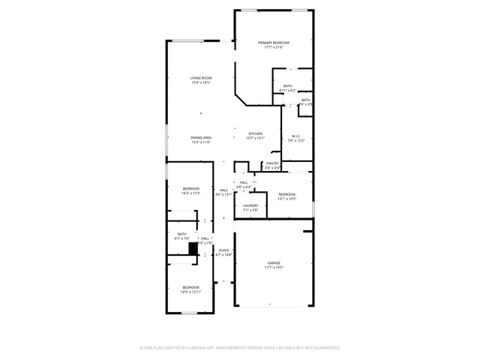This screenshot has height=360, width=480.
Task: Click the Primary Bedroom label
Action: click(274, 43)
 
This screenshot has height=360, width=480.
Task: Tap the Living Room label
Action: click(200, 78)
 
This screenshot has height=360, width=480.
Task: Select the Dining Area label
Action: click(200, 137)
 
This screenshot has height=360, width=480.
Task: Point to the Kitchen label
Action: click(256, 133)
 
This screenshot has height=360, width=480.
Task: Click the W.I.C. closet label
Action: click(295, 136)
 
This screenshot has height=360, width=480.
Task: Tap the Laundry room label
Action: click(250, 205)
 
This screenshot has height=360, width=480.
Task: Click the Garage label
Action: click(274, 262)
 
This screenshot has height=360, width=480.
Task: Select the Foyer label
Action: click(223, 250)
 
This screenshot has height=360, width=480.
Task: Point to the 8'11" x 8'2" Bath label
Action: click(288, 85)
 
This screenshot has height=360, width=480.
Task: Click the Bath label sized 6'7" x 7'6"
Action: click(181, 234)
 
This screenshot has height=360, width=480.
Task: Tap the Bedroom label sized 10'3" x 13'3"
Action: click(191, 188)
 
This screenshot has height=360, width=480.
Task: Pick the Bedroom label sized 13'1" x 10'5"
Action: click(286, 194)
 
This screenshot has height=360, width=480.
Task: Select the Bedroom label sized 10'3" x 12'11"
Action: click(191, 287)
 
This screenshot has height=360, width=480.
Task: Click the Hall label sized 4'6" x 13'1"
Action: click(223, 190)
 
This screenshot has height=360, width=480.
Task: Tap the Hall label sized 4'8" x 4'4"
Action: click(243, 182)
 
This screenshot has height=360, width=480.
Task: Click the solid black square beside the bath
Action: click(193, 247)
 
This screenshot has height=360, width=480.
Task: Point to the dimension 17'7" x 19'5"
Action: click(274, 267)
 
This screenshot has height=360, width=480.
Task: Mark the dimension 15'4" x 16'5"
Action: click(200, 82)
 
